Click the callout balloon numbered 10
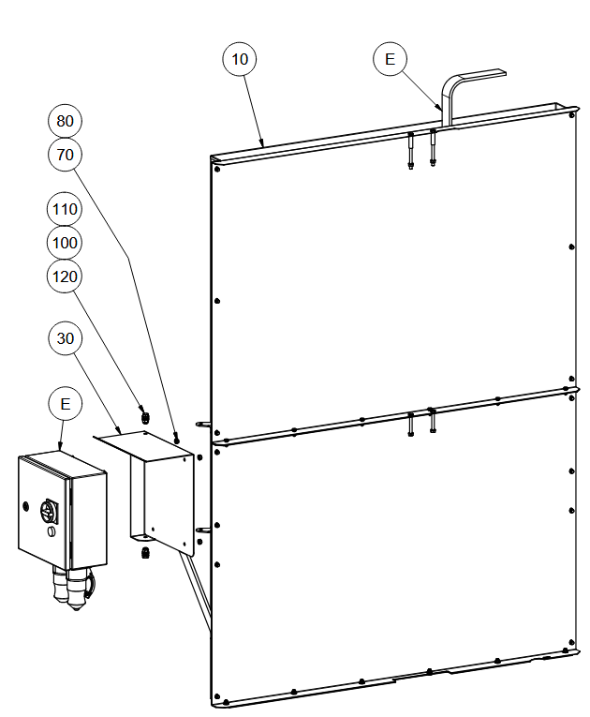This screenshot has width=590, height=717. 240,59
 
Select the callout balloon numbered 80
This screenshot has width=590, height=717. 65,121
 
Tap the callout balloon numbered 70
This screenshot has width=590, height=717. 65,155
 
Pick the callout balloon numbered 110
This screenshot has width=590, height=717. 65,209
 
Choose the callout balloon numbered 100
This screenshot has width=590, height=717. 65,243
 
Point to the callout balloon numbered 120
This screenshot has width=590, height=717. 65,276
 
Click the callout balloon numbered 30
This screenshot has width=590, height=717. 66,338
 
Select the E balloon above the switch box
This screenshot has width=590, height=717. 66,404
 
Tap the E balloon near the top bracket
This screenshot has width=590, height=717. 390,59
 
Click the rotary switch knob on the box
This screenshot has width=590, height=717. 48,512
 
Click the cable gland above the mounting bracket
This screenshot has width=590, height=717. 145,418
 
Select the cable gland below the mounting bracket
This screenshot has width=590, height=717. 146,553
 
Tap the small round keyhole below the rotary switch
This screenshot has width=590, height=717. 52,531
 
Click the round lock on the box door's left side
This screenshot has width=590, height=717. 25,506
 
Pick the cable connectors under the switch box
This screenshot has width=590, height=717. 72,588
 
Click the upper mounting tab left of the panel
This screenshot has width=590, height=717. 203,425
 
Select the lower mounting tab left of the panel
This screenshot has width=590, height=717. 203,530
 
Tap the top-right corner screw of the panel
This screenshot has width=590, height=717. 571,115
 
